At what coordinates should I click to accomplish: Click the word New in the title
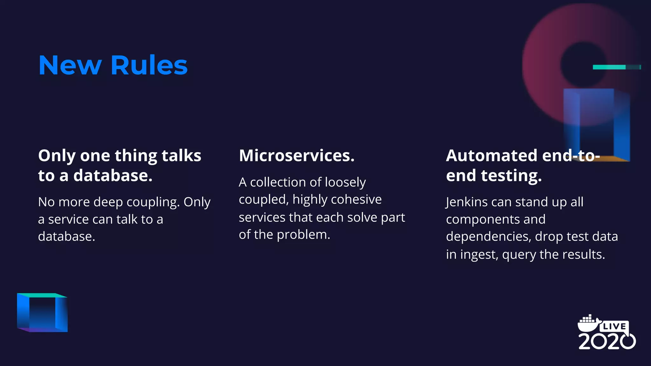(x=70, y=65)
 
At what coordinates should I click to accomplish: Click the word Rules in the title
(x=149, y=65)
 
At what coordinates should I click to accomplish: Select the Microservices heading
(x=297, y=156)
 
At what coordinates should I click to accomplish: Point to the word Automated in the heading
(x=491, y=156)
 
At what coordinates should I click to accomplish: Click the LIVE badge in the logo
(x=614, y=326)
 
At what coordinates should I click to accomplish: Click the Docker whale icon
(x=588, y=323)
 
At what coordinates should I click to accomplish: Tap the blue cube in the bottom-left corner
(x=42, y=313)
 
